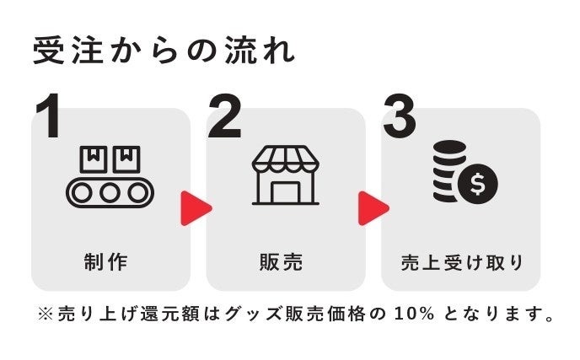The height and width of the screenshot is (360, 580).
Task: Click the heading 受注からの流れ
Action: pyautogui.click(x=164, y=51)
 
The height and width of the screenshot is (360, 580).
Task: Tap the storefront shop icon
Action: pyautogui.click(x=286, y=175)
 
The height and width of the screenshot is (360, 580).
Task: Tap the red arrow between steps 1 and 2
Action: pyautogui.click(x=196, y=207)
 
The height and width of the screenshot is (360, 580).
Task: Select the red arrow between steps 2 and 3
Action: pyautogui.click(x=373, y=207)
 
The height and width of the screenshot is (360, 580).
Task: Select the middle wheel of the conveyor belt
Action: pyautogui.click(x=110, y=192)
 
